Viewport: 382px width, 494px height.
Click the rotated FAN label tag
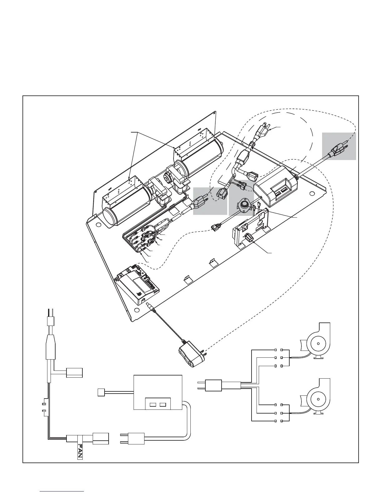click(x=80, y=450)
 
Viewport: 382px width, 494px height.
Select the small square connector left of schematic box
click(x=101, y=392)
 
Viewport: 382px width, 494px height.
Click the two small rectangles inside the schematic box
click(x=158, y=405)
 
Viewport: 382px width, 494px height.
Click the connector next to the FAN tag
click(x=100, y=438)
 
